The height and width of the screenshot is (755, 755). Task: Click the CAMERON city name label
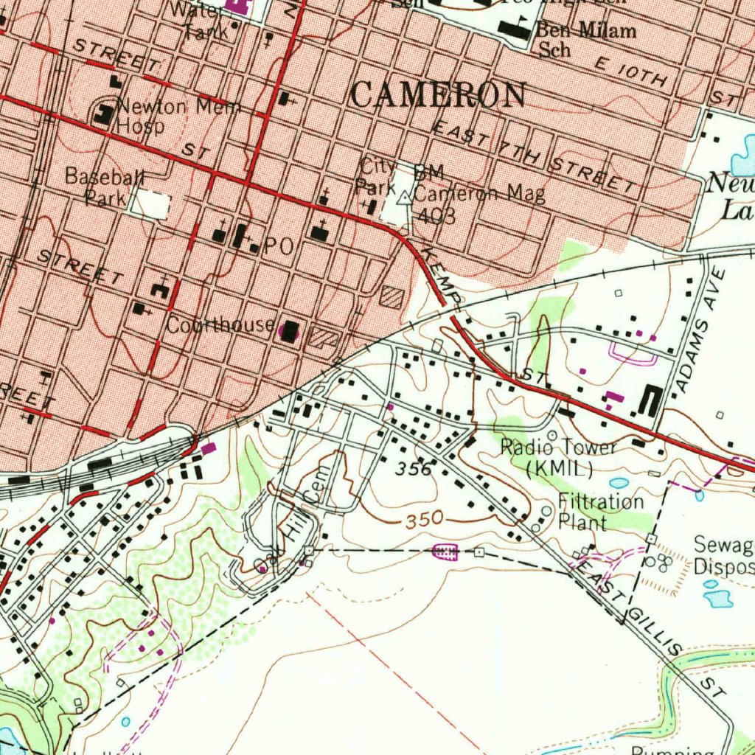[439, 95]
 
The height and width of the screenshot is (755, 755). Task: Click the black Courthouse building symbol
[290, 331]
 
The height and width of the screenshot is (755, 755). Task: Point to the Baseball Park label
[105, 187]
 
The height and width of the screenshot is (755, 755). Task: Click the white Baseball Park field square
[152, 203]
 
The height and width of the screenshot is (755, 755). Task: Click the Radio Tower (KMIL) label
[559, 456]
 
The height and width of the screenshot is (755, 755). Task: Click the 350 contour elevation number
[423, 520]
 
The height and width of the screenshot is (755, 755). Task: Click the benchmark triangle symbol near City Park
[403, 198]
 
